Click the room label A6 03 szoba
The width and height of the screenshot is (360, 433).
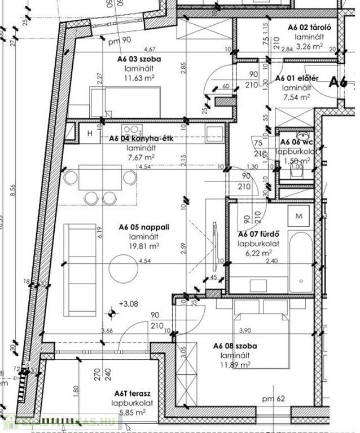coord(138,58)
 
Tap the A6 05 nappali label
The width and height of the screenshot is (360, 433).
coord(144,227)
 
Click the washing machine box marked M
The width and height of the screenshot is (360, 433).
coord(299,216)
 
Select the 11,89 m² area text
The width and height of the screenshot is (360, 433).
coord(232,365)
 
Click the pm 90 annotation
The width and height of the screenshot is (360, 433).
coord(119,40)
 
